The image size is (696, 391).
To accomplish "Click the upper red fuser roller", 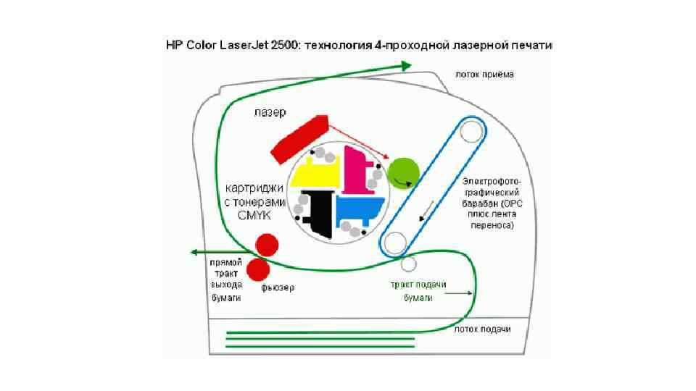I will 266,245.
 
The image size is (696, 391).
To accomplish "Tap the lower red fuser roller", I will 258,269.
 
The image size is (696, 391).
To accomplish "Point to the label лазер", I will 270,112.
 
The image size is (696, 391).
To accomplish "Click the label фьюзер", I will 278,288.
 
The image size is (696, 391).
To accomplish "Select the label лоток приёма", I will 485,74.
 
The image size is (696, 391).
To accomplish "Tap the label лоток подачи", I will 482,329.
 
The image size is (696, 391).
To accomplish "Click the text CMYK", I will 253,215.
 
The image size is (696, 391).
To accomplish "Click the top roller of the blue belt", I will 470,131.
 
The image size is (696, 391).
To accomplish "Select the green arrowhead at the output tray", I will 407,65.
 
